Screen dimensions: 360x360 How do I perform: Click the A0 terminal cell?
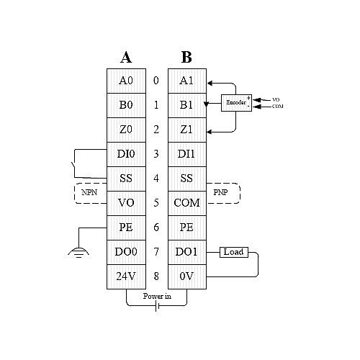coord(126,81)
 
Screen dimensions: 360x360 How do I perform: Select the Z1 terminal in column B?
coord(187,130)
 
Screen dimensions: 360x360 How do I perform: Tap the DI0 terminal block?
coord(126,154)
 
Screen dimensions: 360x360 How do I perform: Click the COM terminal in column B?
coord(187,203)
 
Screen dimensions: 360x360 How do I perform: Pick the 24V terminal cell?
coord(126,276)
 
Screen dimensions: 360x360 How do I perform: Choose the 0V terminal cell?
coord(187,276)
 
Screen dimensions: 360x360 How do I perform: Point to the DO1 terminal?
coord(187,252)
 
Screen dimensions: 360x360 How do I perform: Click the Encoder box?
coord(236,103)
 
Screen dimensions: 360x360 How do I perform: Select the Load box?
coord(234,252)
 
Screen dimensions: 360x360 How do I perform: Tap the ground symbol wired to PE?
coord(78,253)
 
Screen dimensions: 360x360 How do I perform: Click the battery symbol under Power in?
coord(157,306)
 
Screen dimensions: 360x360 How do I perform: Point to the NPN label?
coord(89,192)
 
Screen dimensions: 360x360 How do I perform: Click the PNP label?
coord(220,192)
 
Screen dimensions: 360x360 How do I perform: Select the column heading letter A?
coord(126,58)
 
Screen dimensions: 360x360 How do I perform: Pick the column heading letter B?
coord(186,58)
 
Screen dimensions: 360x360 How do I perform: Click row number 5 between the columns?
coord(156,203)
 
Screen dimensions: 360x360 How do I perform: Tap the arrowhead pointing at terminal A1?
coord(210,84)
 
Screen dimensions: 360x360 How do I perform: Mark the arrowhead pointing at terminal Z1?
coord(210,132)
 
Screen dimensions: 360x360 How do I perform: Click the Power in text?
coord(157,296)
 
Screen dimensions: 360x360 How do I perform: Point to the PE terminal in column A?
coord(126,228)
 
